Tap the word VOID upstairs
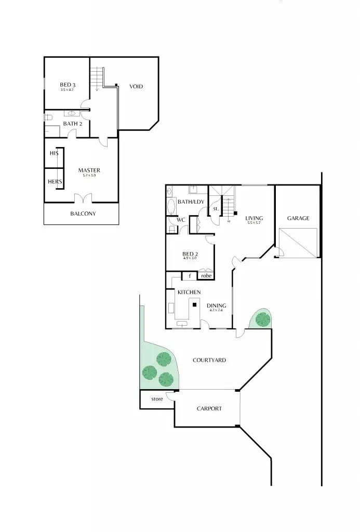coord(136,86)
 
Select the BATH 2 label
coord(73,124)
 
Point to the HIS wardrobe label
coord(54,153)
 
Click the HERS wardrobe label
coord(55,182)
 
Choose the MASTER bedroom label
coord(89,170)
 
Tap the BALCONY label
coord(83,214)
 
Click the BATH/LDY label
coord(190,202)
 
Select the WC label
coord(181,220)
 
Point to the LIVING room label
coord(255,218)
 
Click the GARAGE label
coord(298,218)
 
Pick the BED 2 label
coord(190,254)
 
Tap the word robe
coord(206,276)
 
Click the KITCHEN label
coord(189,292)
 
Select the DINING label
coord(216,305)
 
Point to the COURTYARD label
coord(209,360)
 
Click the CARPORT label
coord(209,408)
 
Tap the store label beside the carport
coord(157,399)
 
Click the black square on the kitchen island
coord(194,305)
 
